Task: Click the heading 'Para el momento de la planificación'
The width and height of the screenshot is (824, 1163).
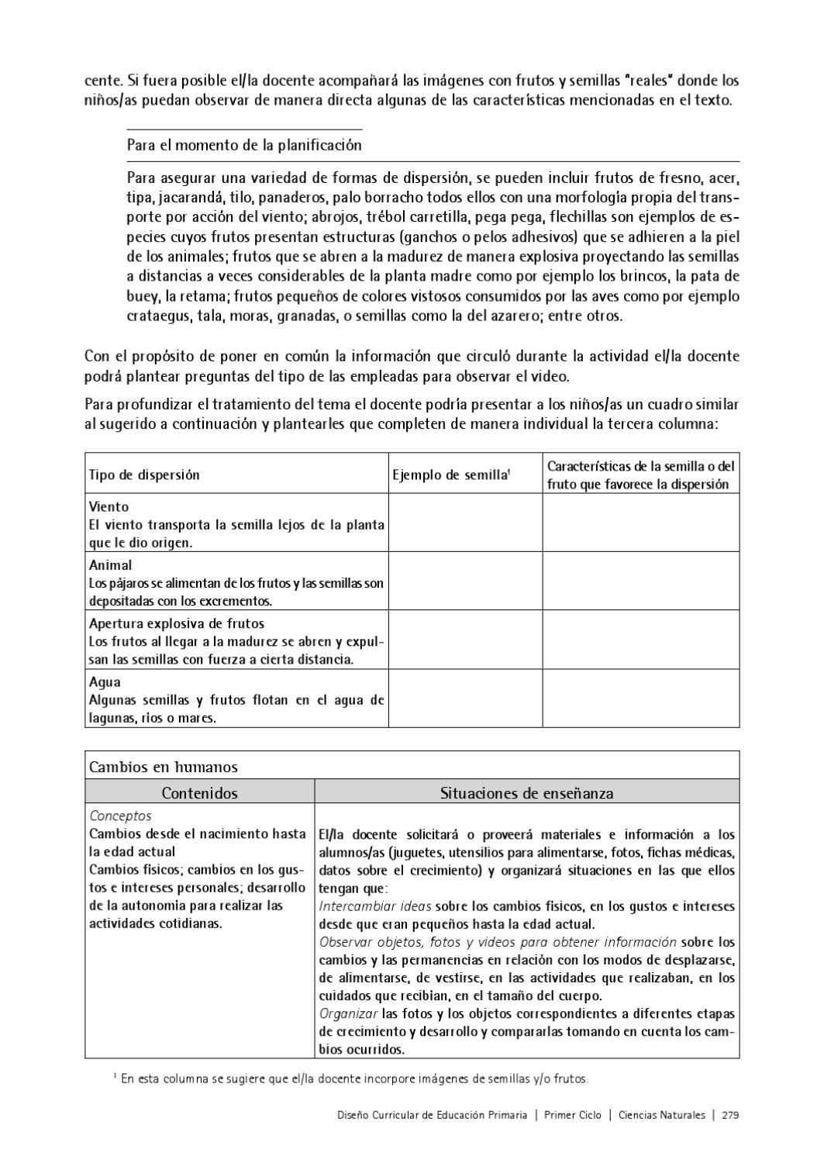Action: tap(243, 145)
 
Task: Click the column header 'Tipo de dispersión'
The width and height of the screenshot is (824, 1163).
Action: tap(144, 475)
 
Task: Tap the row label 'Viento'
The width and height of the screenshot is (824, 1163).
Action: tap(109, 507)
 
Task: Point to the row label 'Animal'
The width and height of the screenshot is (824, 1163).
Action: tap(110, 565)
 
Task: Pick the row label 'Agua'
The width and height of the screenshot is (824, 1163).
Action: tap(105, 682)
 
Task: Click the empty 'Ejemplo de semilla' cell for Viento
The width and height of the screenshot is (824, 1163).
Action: tap(464, 523)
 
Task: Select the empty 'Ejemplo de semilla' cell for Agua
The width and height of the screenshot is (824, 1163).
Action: tap(464, 699)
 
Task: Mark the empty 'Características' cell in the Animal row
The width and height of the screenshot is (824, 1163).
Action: tap(640, 581)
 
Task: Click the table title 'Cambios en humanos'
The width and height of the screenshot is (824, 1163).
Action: tap(164, 767)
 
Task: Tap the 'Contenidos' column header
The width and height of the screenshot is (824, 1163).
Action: tap(199, 793)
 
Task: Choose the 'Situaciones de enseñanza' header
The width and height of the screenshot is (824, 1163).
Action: tap(526, 793)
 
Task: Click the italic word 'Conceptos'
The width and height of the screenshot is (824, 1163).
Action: tap(121, 816)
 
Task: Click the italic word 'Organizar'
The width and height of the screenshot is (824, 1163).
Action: tap(348, 1013)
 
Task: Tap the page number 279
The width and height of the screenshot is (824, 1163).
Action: tap(729, 1115)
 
